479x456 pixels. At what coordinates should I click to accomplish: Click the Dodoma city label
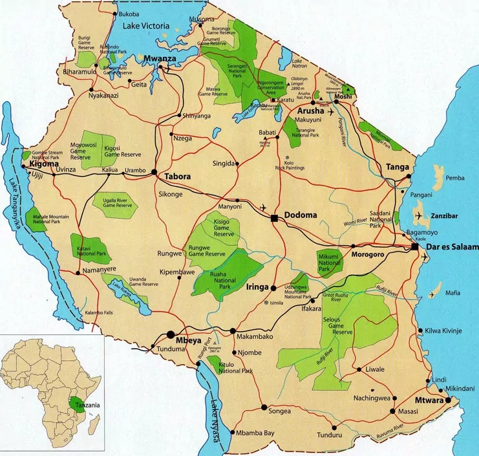click(x=301, y=218)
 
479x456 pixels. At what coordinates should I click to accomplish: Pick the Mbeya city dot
click(x=171, y=335)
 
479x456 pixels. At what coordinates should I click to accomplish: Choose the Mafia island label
click(x=452, y=292)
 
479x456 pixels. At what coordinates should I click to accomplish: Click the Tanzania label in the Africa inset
click(x=88, y=406)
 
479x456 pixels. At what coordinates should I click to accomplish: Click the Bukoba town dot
click(x=115, y=14)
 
